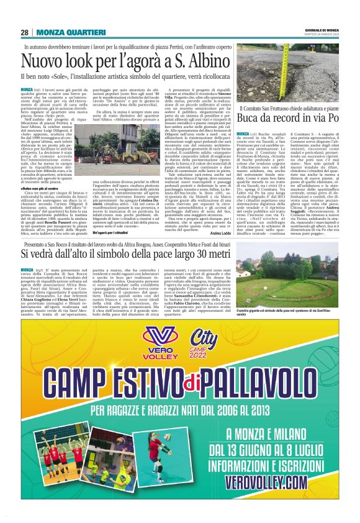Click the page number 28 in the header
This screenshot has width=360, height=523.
click(x=24, y=32)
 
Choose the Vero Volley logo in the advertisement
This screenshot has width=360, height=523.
click(x=162, y=343)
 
